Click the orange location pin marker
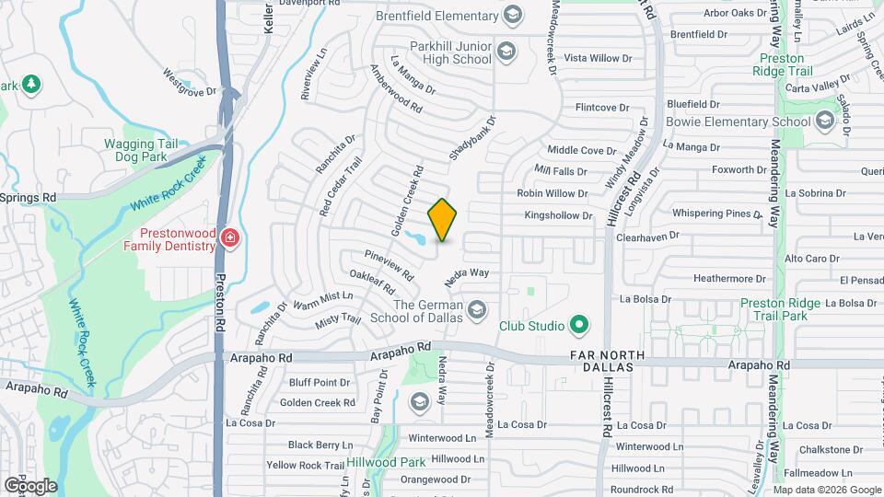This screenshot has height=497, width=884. [443, 219]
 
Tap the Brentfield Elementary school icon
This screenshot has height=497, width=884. [512, 15]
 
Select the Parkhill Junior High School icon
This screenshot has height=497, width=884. [506, 52]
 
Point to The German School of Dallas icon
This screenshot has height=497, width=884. [476, 308]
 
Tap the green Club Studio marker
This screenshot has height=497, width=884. [578, 325]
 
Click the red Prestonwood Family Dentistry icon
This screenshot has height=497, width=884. [228, 240]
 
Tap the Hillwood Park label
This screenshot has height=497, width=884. [387, 462]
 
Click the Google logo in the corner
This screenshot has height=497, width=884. [29, 486]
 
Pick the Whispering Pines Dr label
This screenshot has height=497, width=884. [704, 214]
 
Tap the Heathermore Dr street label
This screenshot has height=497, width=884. [730, 278]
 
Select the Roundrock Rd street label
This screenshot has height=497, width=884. [644, 489]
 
